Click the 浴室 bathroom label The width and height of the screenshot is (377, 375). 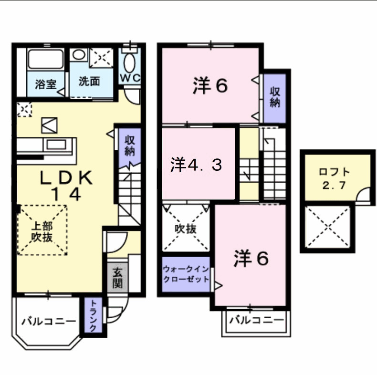click(46, 83)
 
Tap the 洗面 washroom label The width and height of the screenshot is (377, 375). click(89, 82)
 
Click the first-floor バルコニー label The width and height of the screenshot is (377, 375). click(48, 321)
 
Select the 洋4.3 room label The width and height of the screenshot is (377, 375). click(196, 165)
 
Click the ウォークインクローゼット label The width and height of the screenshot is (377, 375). click(186, 274)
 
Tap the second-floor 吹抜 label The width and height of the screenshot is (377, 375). click(185, 229)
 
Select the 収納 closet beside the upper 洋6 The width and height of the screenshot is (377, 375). click(275, 97)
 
